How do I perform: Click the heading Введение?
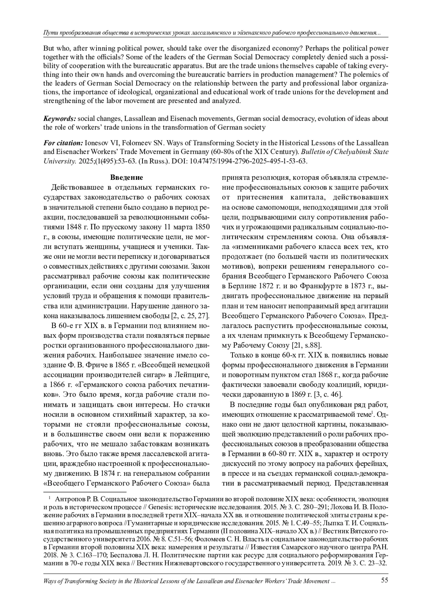pyautogui.click(x=126, y=177)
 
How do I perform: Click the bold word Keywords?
pyautogui.click(x=60, y=118)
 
